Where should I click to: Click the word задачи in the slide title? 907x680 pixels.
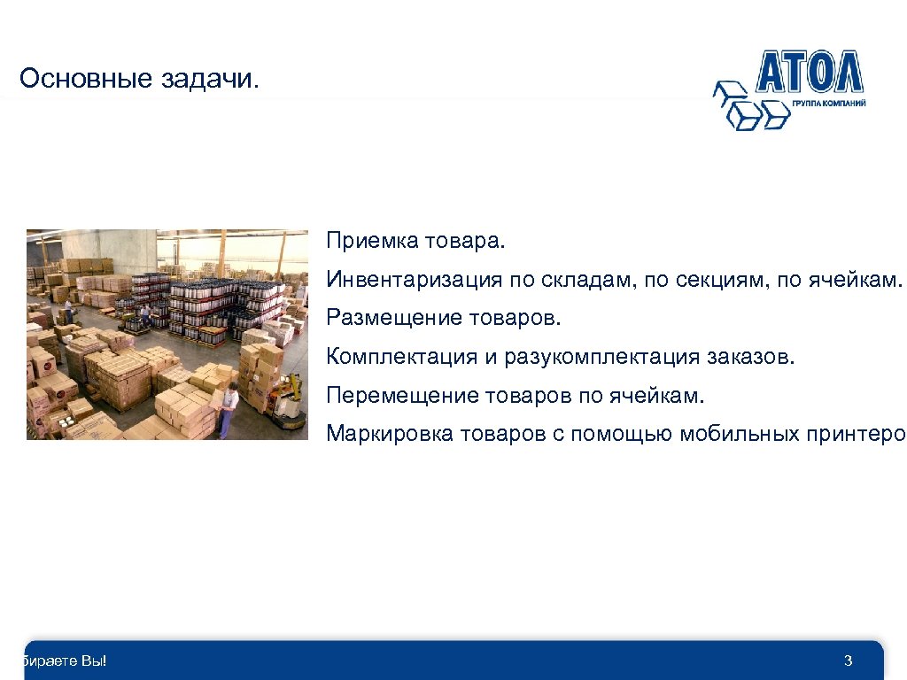coord(209,81)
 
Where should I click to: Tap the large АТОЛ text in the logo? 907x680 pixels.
coord(810,73)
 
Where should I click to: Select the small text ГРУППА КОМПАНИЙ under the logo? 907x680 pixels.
coord(828,104)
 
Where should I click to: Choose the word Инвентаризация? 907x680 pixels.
coord(414,281)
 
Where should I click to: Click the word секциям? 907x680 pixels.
coord(717,281)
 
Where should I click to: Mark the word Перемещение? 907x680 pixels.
coord(402,396)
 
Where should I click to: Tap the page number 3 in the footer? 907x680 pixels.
coord(848,661)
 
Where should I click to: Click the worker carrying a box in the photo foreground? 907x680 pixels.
coord(228,408)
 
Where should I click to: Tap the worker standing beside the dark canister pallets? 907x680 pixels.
coord(144,314)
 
